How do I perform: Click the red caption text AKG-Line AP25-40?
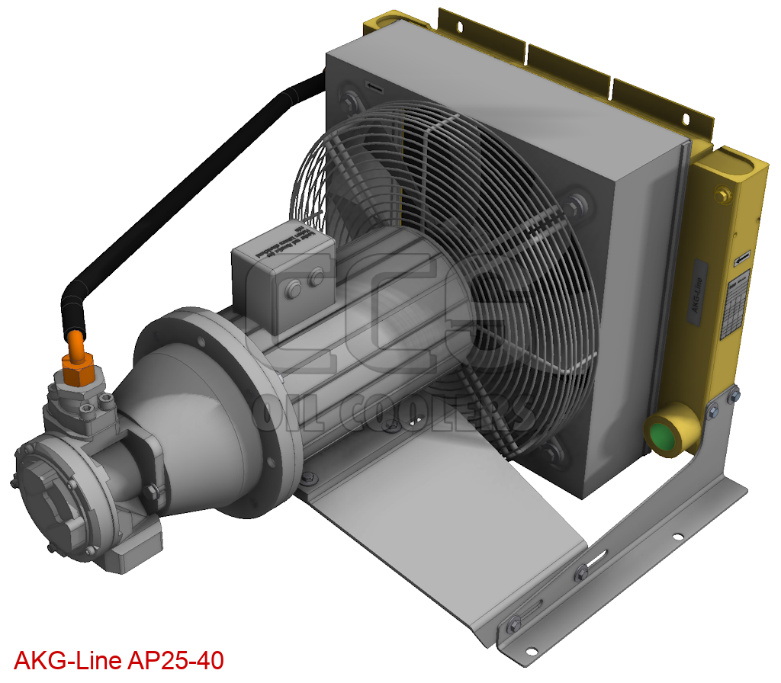119,660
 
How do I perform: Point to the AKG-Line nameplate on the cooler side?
700,294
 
